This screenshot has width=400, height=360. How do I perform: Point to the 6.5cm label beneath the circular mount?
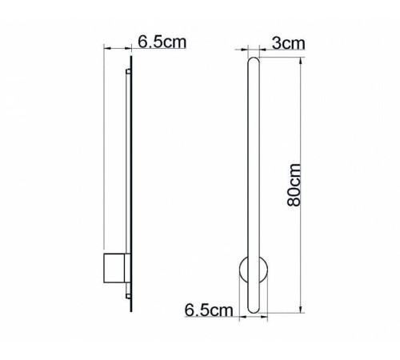(209, 308)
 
